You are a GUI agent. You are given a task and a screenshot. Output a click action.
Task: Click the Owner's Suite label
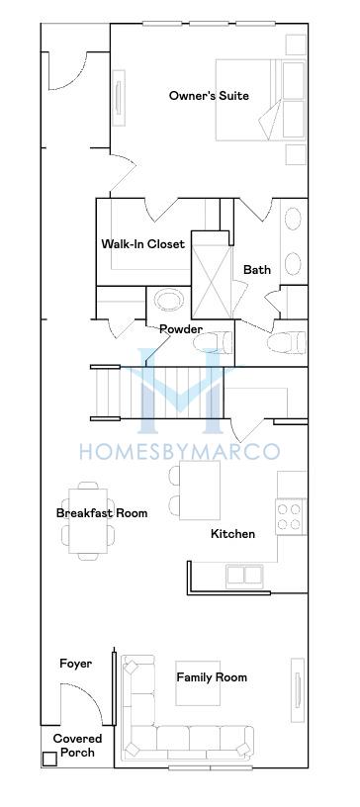click(209, 96)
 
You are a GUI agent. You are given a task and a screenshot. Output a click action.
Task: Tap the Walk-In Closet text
click(142, 243)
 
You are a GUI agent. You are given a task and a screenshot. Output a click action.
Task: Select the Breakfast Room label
click(102, 513)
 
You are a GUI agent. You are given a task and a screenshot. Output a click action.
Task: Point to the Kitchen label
click(232, 534)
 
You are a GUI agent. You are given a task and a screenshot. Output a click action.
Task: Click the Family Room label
click(212, 677)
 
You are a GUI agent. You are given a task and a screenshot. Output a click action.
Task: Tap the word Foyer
click(76, 664)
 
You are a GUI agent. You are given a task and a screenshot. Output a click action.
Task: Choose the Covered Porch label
click(78, 746)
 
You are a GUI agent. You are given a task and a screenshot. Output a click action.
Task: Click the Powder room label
click(180, 329)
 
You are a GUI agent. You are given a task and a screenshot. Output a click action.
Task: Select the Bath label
click(257, 270)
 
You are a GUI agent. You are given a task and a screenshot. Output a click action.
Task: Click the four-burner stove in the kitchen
click(291, 516)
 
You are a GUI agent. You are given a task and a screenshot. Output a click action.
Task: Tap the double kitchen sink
click(244, 576)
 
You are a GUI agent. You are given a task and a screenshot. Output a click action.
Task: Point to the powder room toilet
click(214, 343)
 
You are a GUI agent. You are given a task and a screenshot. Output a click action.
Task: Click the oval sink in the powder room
click(169, 300)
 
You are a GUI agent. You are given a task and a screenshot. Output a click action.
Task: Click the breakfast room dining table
click(88, 521)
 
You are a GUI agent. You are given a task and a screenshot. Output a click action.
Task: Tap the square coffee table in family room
click(198, 683)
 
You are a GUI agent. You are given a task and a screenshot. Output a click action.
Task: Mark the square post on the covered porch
click(50, 760)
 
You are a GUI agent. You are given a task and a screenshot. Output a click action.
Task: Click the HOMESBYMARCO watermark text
click(180, 451)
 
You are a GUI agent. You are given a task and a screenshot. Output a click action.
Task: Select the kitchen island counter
click(200, 491)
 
